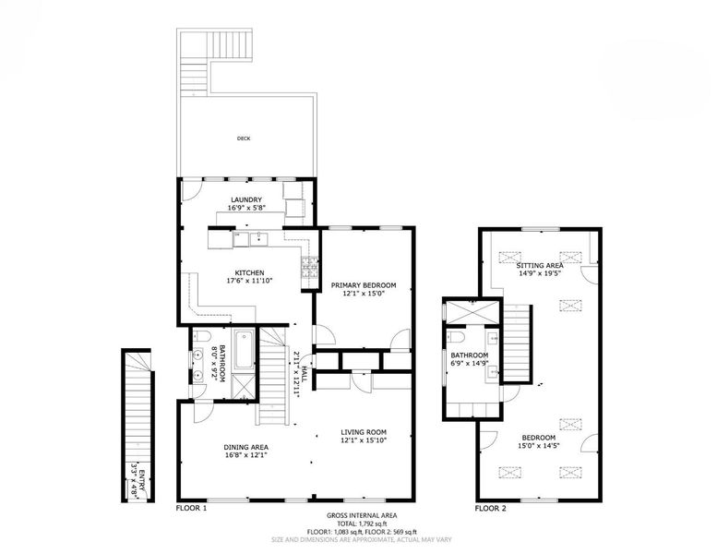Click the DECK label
click(x=244, y=138)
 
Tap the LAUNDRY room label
click(x=246, y=200)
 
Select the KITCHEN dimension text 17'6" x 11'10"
click(x=250, y=281)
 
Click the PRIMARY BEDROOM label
click(x=364, y=285)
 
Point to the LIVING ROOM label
click(x=364, y=432)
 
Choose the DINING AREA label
click(x=246, y=448)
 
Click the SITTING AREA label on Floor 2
click(x=540, y=265)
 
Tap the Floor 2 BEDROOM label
click(x=539, y=438)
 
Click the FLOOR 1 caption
click(x=192, y=508)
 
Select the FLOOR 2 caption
click(x=491, y=508)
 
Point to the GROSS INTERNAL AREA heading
click(x=362, y=515)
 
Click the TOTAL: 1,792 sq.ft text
click(x=362, y=524)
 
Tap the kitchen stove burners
click(x=309, y=267)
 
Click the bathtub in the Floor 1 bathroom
click(x=244, y=350)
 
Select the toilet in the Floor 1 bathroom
click(x=201, y=337)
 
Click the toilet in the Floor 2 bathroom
click(x=456, y=337)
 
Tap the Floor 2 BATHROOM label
click(x=470, y=355)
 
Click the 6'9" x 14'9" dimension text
click(x=470, y=363)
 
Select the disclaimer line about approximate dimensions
click(x=362, y=540)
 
